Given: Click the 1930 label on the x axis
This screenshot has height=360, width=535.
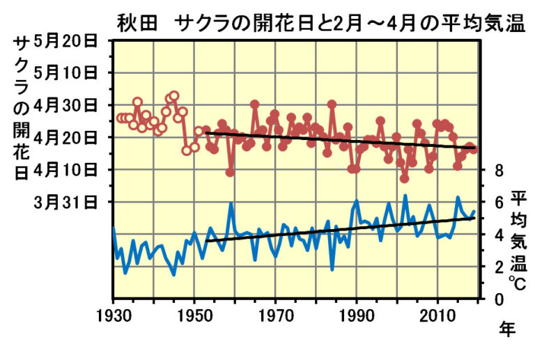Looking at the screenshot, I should tap(114, 315).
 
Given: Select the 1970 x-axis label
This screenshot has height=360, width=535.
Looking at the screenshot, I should tap(276, 315).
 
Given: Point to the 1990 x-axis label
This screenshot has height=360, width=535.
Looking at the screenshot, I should tap(357, 315).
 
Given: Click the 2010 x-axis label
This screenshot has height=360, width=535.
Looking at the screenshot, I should tap(438, 315).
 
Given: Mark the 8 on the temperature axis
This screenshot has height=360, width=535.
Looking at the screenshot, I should tap(499, 170).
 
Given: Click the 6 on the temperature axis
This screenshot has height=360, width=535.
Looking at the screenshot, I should tap(499, 202).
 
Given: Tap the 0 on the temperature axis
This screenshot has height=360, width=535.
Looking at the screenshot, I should tap(499, 299).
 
